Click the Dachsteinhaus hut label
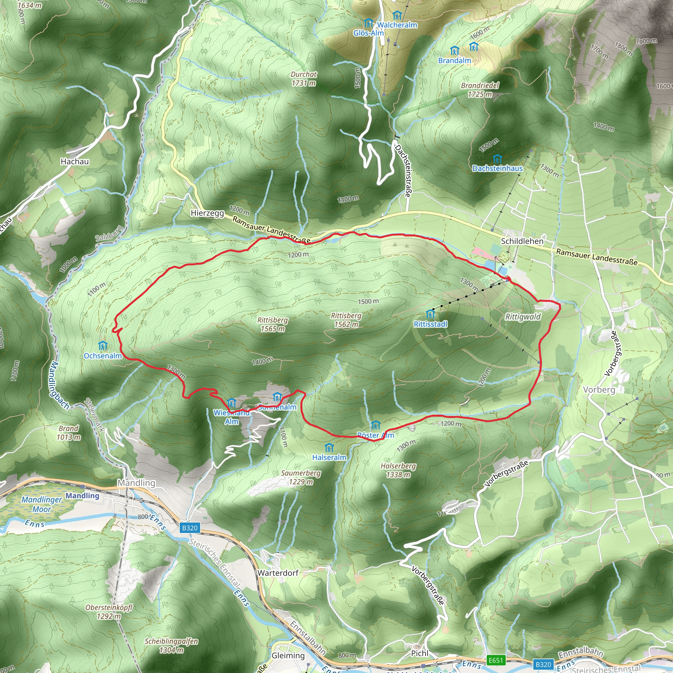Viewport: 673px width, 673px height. coord(497,168)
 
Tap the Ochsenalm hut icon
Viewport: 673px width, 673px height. coord(103,346)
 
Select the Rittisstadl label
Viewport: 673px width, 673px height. coord(430,324)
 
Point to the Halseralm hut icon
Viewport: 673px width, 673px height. coord(329,448)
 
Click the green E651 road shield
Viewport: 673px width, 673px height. coord(496,660)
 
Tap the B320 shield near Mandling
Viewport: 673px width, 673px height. coord(190,528)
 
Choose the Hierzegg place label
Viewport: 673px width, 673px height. coord(207,213)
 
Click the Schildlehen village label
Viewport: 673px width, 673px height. coord(522,241)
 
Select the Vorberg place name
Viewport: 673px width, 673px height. coord(599,389)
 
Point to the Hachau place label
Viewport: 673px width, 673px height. coord(75,161)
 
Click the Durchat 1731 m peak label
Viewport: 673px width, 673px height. coord(304,79)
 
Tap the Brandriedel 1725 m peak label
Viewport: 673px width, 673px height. coord(480,90)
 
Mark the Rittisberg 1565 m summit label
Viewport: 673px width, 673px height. coord(272,324)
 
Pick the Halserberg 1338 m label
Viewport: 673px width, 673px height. coord(398,470)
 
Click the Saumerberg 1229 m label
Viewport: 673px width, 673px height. coord(301,477)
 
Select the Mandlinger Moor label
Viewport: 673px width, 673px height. coord(42,504)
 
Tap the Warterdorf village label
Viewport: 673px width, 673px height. coord(278,573)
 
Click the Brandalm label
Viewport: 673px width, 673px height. coord(454,60)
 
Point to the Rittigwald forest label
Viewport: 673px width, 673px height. coord(523,317)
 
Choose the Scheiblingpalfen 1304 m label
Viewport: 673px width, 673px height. coord(172,645)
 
